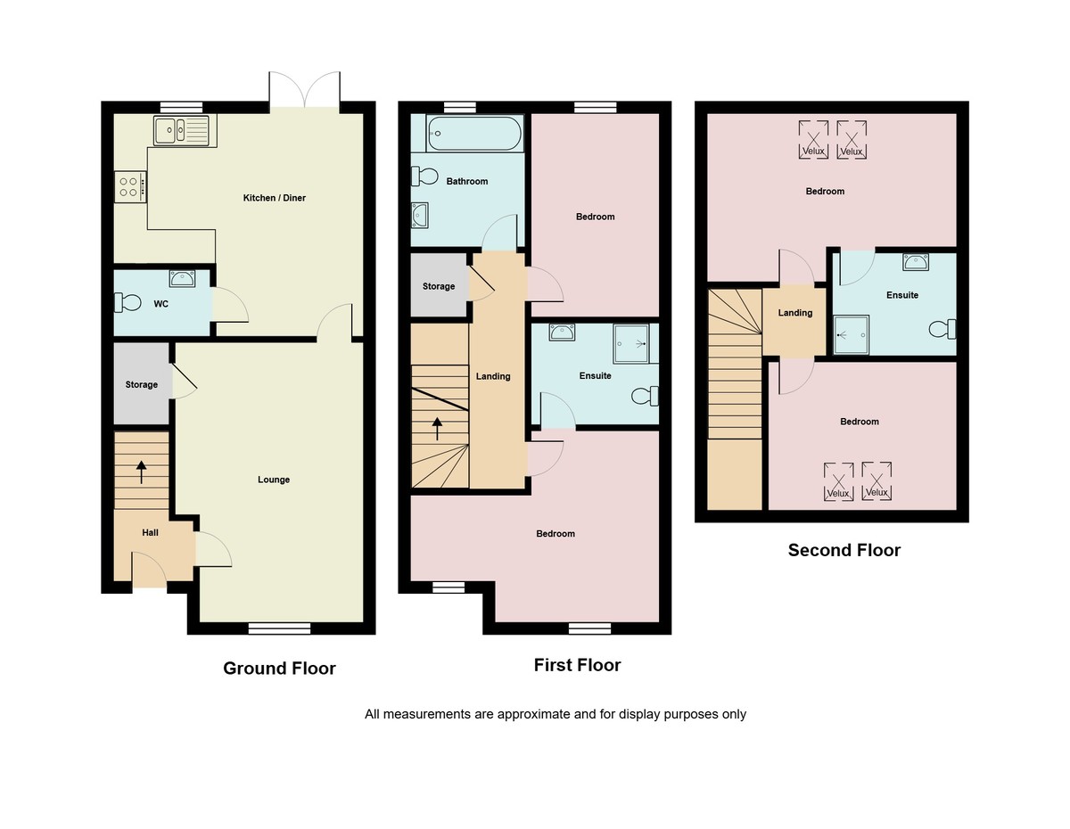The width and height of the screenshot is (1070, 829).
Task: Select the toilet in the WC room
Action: (x=128, y=304)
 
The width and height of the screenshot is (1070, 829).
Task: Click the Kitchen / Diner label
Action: (x=275, y=198)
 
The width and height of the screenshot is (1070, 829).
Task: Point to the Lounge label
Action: (x=274, y=480)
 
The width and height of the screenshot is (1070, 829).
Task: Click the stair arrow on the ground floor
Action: (x=141, y=471)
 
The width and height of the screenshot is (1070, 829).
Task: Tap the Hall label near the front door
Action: (x=150, y=533)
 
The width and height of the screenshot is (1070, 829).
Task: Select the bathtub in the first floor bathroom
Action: (x=462, y=134)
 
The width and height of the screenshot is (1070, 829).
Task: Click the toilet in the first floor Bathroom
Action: (x=424, y=176)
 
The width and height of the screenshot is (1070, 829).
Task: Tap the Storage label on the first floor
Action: (x=439, y=287)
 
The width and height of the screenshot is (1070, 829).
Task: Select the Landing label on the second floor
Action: (x=794, y=313)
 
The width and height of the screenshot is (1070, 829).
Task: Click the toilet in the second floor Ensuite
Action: (x=941, y=329)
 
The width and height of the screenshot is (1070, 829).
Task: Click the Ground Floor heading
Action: (x=279, y=669)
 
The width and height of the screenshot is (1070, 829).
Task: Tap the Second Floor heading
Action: (x=844, y=550)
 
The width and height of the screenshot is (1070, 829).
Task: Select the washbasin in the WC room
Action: (x=183, y=278)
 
